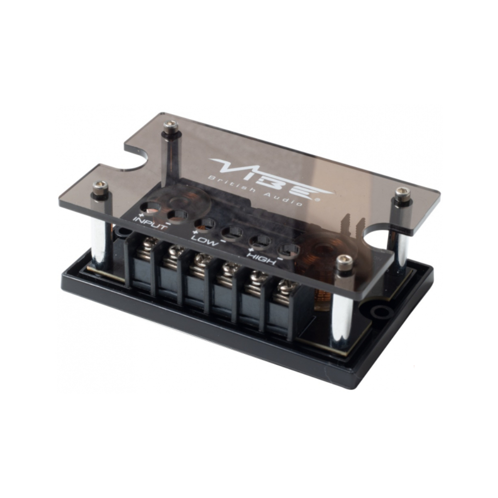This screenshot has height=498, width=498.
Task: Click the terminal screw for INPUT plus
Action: pos(148,244)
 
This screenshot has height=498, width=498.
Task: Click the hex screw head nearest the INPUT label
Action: pos(100,187)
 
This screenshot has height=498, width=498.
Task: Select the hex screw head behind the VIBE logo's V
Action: pos(170,127)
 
